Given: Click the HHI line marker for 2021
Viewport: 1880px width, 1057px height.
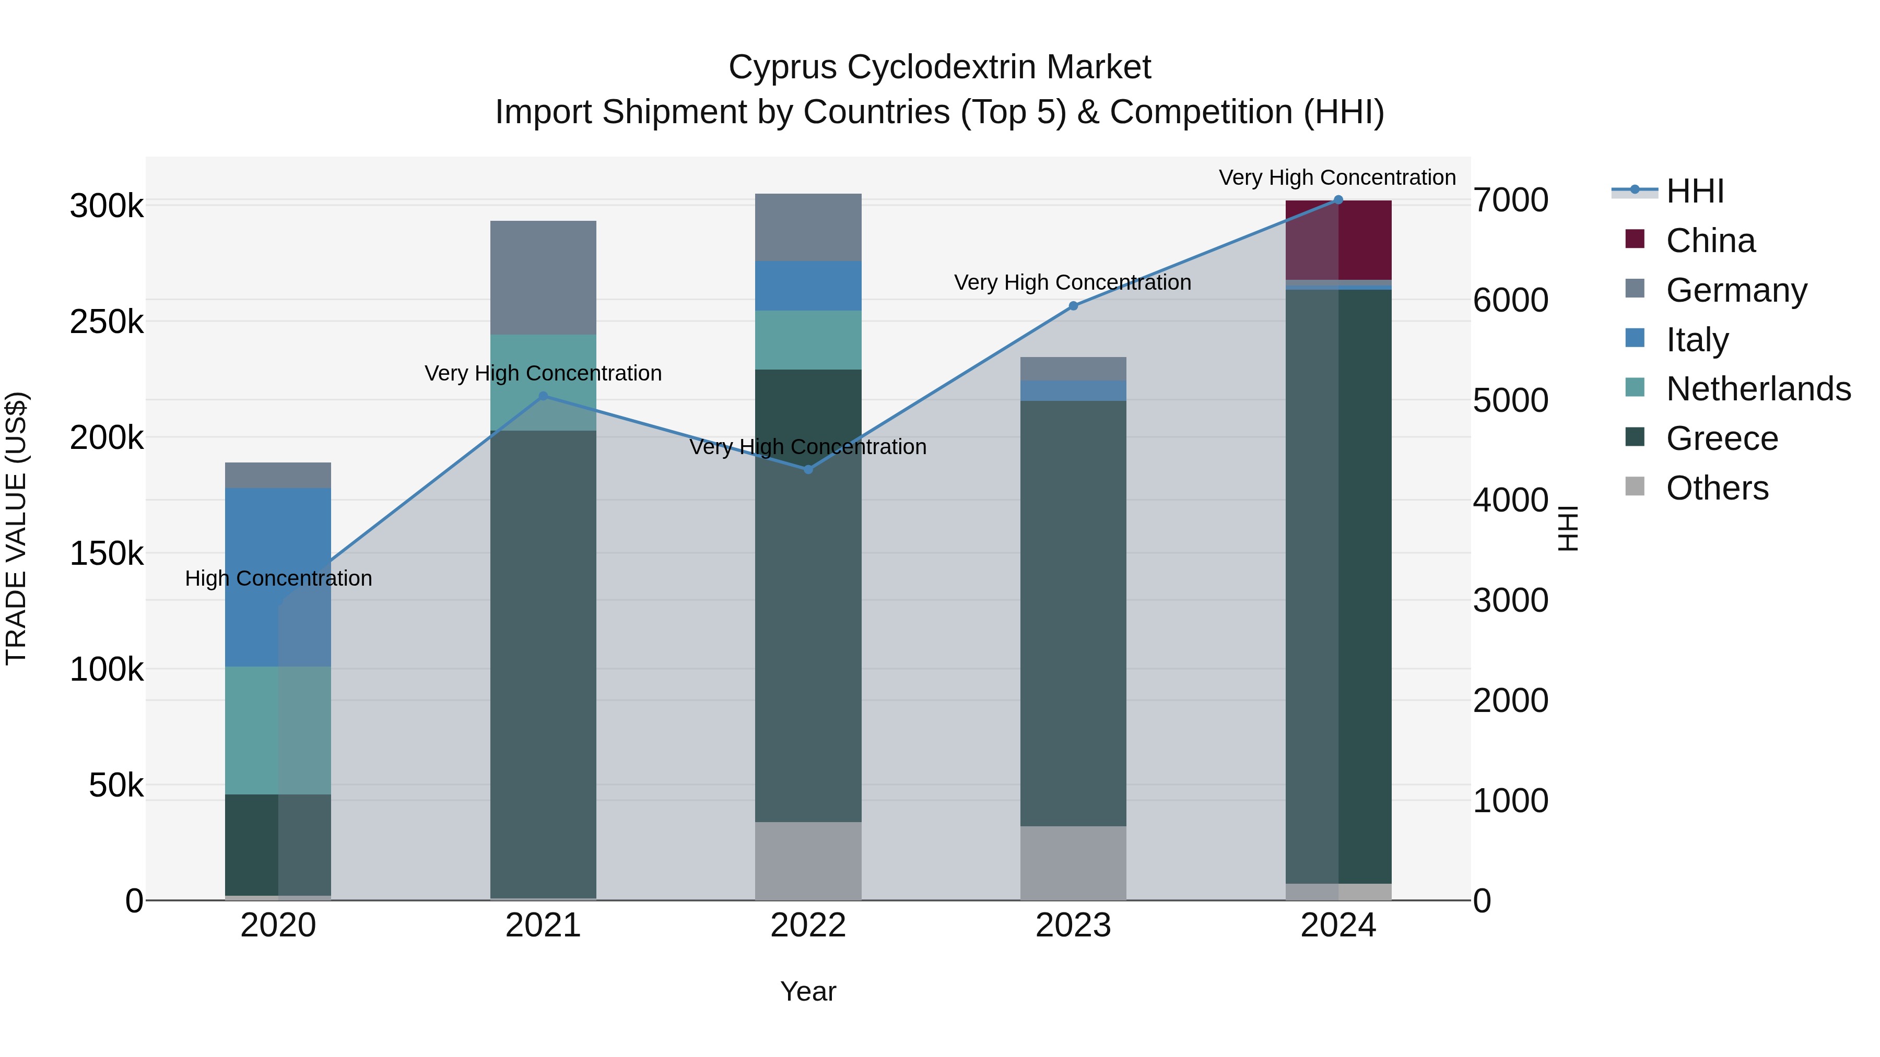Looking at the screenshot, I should point(543,396).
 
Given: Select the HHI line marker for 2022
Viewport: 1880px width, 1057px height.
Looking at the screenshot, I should point(808,470).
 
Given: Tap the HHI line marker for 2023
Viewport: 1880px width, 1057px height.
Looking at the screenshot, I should point(1073,306).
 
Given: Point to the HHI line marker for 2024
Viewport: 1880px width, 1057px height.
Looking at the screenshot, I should point(1338,200).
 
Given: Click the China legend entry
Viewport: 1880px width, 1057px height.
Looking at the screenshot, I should point(1710,241).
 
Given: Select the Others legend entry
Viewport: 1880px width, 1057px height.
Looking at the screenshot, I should point(1717,488).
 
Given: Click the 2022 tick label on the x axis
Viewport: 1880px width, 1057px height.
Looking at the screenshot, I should point(808,925).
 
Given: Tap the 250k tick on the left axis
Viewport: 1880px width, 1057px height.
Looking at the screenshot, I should point(107,322).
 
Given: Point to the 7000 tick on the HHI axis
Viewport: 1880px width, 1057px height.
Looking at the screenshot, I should point(1510,200).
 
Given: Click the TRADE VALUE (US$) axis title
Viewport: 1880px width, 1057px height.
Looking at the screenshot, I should point(16,528).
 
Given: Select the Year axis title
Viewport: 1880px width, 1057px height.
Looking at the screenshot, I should point(808,991).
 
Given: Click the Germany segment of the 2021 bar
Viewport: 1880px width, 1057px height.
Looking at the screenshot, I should point(543,277).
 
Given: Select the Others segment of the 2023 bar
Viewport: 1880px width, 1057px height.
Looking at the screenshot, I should point(1073,863).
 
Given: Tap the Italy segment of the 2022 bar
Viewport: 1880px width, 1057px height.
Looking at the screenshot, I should point(808,286).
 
